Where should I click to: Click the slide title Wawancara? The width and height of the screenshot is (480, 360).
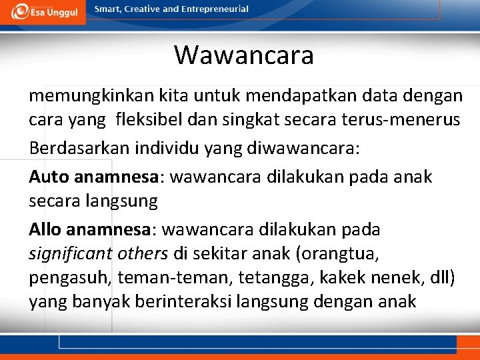point(244,55)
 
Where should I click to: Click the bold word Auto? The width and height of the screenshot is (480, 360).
point(49,177)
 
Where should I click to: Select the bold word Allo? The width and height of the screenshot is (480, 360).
point(47,229)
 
